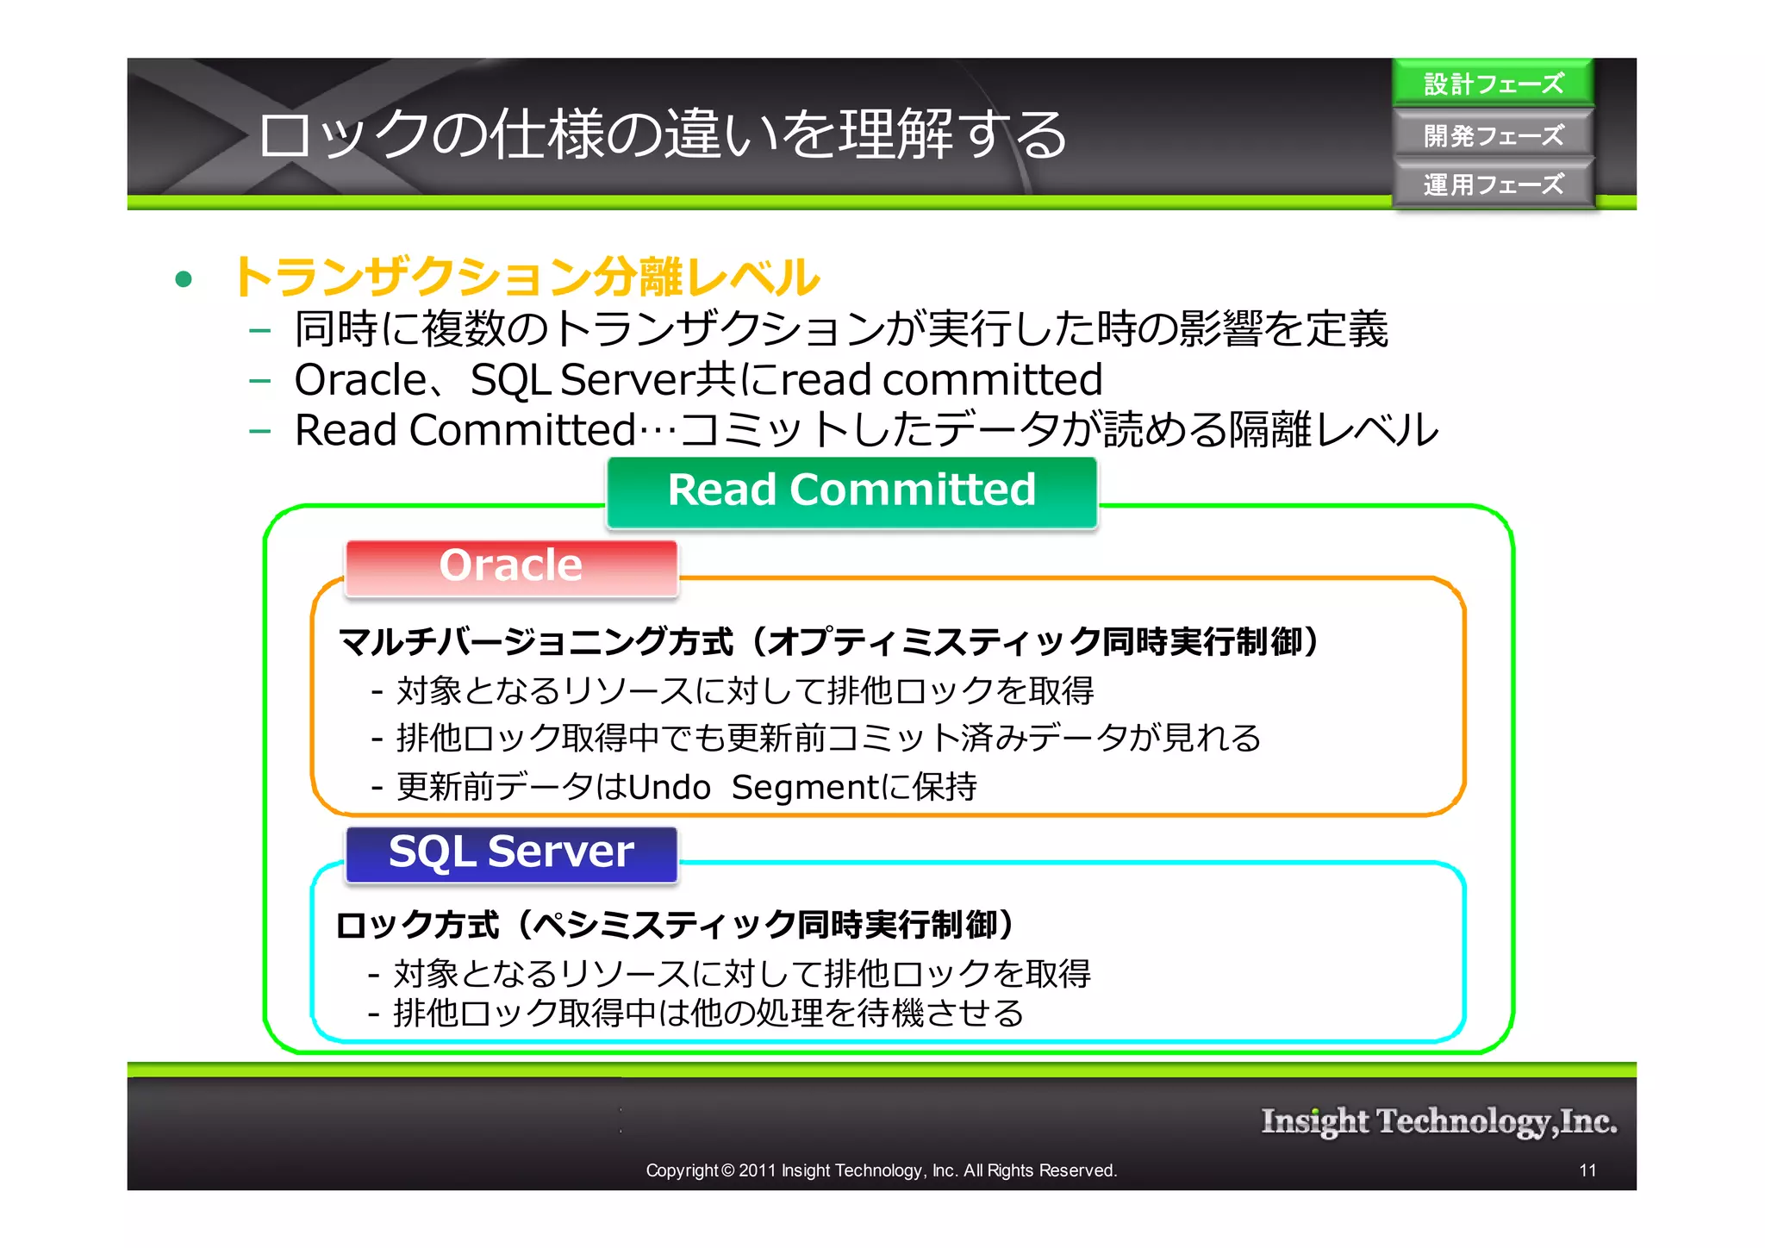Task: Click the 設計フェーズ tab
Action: coord(1493,84)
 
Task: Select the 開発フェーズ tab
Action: coord(1493,135)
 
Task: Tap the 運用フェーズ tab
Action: coord(1493,184)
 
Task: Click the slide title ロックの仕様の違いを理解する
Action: coord(662,135)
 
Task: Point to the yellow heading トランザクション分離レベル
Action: coord(526,277)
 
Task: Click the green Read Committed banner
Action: coord(851,491)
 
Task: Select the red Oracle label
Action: coord(511,566)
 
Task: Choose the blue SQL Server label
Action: coord(511,852)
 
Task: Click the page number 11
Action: coord(1587,1170)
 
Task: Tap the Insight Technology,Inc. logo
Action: coord(1438,1121)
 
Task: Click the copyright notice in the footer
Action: coord(881,1170)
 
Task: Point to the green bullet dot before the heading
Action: coord(183,278)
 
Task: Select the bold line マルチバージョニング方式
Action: coord(827,642)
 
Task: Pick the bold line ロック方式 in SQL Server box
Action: coord(677,925)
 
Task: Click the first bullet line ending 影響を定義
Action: coord(840,329)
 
